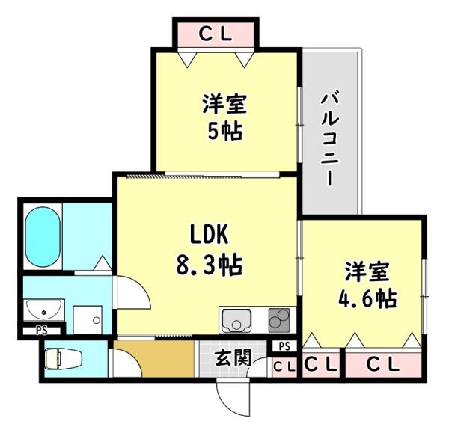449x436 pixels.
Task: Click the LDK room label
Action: tap(204, 236)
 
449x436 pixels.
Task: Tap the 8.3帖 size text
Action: tap(204, 264)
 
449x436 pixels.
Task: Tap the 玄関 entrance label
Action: tap(233, 357)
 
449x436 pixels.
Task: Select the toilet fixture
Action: tap(58, 358)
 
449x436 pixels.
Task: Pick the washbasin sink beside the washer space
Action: tap(43, 310)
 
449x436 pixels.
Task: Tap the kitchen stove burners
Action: tap(278, 320)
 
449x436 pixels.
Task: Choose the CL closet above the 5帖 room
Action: tap(216, 34)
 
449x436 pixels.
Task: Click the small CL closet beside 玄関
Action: tap(284, 366)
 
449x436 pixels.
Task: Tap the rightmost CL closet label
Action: tap(385, 365)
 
